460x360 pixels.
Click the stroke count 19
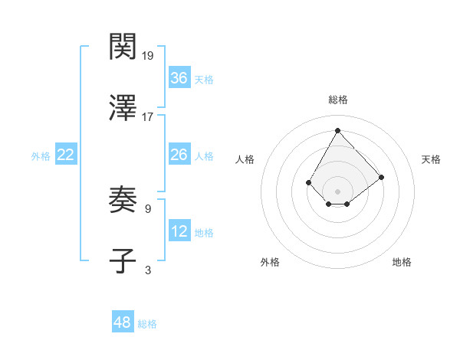(149, 55)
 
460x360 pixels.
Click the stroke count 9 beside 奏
(147, 208)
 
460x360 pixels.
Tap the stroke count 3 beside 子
(147, 270)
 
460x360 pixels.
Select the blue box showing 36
(179, 78)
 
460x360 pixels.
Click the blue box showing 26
(179, 155)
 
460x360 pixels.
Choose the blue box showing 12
(179, 231)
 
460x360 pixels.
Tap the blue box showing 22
(65, 155)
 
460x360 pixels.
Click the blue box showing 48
(123, 322)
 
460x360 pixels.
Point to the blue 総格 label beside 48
(147, 324)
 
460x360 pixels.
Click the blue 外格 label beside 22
(41, 156)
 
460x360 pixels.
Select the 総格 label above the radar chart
(337, 100)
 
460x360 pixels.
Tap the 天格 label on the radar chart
(431, 159)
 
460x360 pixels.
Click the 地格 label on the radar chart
(402, 262)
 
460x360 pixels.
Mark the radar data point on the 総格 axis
(337, 130)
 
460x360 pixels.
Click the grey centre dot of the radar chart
(337, 191)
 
